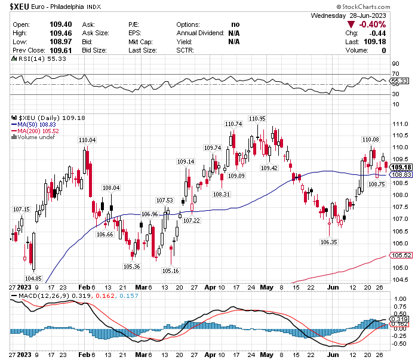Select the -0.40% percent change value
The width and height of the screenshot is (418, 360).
pos(370,24)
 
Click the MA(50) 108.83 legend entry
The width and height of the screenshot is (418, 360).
pos(38,124)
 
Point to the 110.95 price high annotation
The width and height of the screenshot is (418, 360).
pos(257,118)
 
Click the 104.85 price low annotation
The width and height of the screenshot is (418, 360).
pos(33,278)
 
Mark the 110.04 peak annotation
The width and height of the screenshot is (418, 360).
pos(87,140)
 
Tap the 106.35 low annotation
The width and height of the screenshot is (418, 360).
pos(328,242)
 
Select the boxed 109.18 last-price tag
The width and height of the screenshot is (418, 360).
pos(400,167)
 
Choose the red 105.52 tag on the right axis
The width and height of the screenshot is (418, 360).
pos(401,255)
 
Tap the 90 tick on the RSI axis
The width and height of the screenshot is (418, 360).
pos(395,63)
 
